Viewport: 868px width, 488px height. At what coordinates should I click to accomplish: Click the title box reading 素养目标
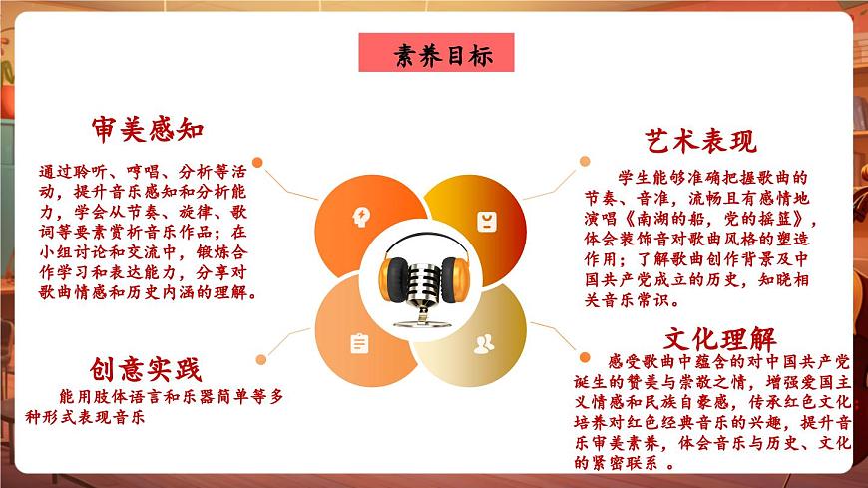[x=436, y=54]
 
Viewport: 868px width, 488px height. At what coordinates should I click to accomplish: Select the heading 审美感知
[x=148, y=129]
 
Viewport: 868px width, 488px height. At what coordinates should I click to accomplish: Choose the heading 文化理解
[x=720, y=338]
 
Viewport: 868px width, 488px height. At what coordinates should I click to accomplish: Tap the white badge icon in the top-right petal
[x=486, y=219]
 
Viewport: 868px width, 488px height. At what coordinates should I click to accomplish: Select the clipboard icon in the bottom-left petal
[x=359, y=344]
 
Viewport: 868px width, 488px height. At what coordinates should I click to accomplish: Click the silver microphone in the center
[x=420, y=269]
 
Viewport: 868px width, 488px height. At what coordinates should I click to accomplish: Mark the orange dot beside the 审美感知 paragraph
[x=256, y=161]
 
